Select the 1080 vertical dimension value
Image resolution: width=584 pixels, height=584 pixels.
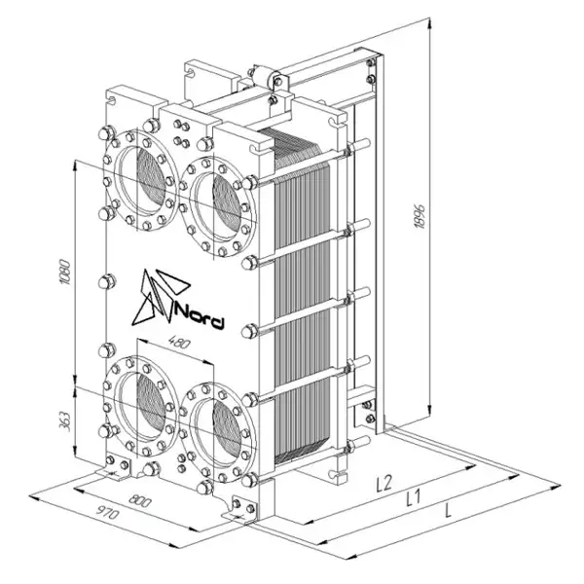[65, 272]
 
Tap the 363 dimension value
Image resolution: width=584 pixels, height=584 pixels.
[65, 421]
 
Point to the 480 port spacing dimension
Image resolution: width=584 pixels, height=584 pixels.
[179, 343]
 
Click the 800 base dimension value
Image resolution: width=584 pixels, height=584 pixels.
[140, 500]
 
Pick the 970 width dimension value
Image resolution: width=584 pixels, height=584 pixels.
[108, 512]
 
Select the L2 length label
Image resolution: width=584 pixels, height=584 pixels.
[384, 483]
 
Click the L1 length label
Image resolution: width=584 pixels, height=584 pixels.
[413, 497]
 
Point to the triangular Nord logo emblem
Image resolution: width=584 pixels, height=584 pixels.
[161, 296]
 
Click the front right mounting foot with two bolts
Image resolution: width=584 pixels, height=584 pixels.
[241, 508]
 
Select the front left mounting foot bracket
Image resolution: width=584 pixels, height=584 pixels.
[117, 465]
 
